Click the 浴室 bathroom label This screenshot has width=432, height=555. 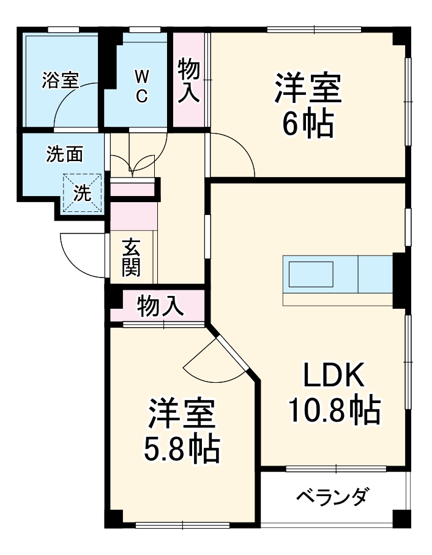click(x=61, y=80)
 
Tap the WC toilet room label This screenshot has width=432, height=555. click(x=141, y=86)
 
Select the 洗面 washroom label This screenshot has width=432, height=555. click(x=65, y=154)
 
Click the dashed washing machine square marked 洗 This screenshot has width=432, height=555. click(x=82, y=192)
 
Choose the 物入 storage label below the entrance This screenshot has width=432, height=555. click(x=160, y=306)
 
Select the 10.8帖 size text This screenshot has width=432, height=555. click(x=334, y=410)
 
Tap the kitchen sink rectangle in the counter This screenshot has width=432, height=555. click(x=311, y=274)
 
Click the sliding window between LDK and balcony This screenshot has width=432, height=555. click(x=335, y=469)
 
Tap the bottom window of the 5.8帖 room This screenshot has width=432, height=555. click(x=182, y=524)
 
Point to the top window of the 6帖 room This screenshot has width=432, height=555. click(x=314, y=29)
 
